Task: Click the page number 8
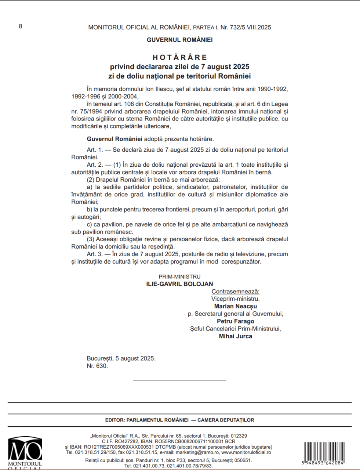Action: point(21,26)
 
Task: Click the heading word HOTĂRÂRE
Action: point(180,57)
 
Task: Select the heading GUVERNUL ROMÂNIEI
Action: point(179,40)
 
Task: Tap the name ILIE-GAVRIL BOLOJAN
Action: point(179,284)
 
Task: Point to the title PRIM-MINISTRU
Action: point(179,276)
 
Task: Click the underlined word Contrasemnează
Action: point(235,292)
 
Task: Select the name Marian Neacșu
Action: point(235,306)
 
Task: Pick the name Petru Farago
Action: point(235,321)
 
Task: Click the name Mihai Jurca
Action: point(235,336)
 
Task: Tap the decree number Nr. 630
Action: point(97,366)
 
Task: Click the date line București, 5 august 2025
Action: point(121,358)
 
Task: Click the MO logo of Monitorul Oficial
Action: point(25,451)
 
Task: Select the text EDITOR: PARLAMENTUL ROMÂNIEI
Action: point(147,420)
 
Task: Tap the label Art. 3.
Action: point(95,254)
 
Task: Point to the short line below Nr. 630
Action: point(179,380)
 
